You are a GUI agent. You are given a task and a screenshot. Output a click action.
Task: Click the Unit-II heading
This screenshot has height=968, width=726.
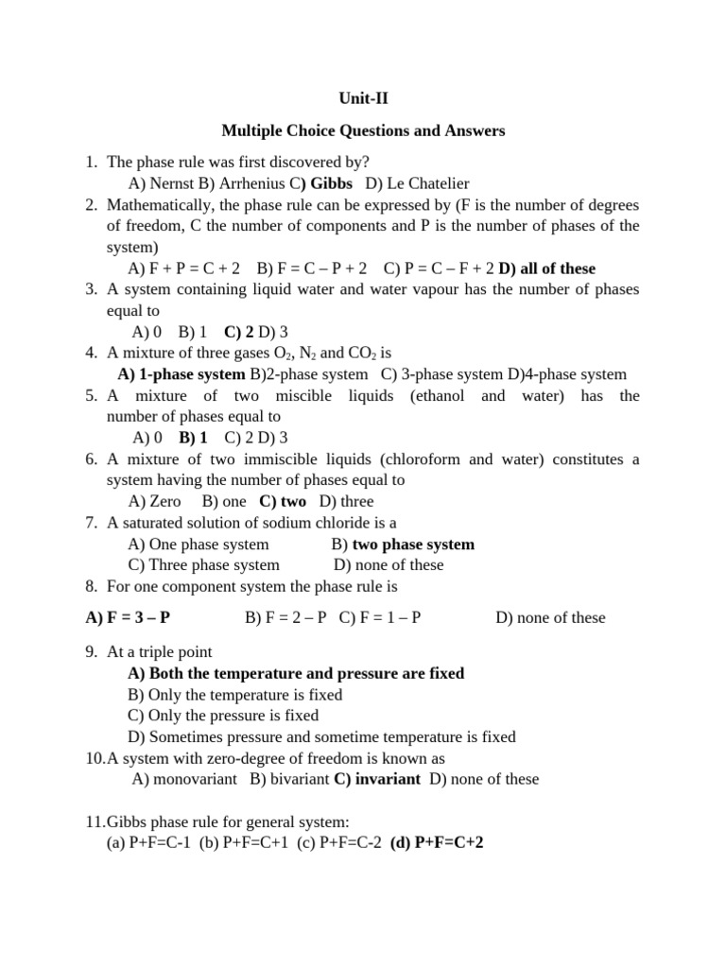(x=363, y=97)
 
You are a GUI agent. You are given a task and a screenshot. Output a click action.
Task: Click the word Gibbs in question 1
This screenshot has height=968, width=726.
(x=331, y=183)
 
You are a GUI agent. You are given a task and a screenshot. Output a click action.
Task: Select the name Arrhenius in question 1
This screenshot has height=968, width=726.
(x=244, y=183)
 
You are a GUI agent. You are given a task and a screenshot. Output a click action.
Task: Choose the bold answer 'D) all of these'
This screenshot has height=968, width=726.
(x=547, y=268)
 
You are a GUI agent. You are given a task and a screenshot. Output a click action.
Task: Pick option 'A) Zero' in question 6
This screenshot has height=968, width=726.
(x=154, y=501)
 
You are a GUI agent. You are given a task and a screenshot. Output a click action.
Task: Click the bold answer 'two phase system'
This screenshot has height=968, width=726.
(x=413, y=544)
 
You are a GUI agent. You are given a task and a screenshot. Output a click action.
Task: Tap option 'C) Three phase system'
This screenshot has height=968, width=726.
(x=203, y=564)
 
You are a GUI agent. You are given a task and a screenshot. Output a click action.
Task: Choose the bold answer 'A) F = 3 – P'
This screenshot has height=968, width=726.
(x=128, y=617)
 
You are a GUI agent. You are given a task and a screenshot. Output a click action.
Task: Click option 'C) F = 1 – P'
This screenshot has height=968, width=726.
(x=380, y=617)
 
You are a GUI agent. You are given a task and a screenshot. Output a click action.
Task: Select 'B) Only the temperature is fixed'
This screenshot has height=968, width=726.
(x=234, y=695)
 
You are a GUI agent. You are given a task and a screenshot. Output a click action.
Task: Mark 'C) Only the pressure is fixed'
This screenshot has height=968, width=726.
(x=223, y=716)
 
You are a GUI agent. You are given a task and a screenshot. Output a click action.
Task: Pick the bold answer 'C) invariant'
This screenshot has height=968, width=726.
(x=377, y=779)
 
